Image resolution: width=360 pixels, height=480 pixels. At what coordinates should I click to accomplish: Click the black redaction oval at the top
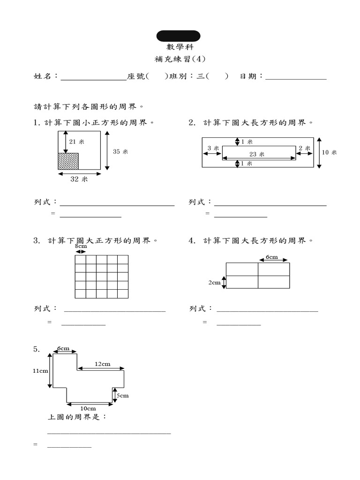pos(178,36)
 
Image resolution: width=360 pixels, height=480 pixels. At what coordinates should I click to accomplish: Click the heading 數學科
pos(180,47)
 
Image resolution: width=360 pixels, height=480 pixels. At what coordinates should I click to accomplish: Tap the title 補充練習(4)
pos(180,60)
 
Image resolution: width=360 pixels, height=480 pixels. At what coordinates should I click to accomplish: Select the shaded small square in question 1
pos(67,161)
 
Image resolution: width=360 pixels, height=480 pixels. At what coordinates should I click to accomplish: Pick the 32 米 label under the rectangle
pos(79,179)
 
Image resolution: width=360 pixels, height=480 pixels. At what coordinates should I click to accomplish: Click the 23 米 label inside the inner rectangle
pos(257,154)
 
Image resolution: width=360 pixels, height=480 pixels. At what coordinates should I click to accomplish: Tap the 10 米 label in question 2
pos(330,152)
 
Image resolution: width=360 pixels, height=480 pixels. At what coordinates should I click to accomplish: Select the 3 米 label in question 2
pos(213,148)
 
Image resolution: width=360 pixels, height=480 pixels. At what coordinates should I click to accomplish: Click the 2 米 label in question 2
pos(304,148)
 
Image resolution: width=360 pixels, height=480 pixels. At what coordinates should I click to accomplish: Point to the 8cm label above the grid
pos(81,246)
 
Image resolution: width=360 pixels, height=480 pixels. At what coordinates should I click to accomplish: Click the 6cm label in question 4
pos(272,257)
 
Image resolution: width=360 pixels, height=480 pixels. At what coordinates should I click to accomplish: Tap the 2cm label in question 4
pos(215,283)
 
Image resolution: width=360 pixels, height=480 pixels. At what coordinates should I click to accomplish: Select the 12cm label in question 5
pos(103,364)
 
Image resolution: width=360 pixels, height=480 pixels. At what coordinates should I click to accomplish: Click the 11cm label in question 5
pos(40,371)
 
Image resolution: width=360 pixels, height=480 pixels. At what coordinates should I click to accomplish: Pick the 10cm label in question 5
pos(88,408)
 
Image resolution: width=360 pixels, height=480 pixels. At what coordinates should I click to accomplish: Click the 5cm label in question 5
pos(123,396)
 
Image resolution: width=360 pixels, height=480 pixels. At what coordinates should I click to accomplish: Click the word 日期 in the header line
pos(248,76)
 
